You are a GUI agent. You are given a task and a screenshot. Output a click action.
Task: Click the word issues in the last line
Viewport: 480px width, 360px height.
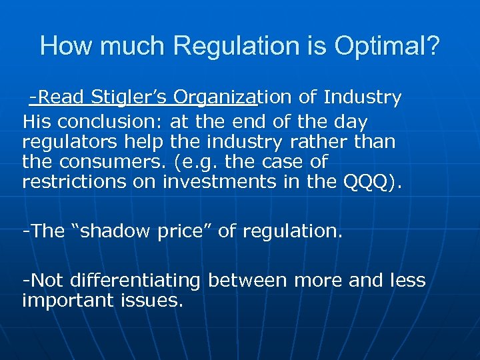155,300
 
